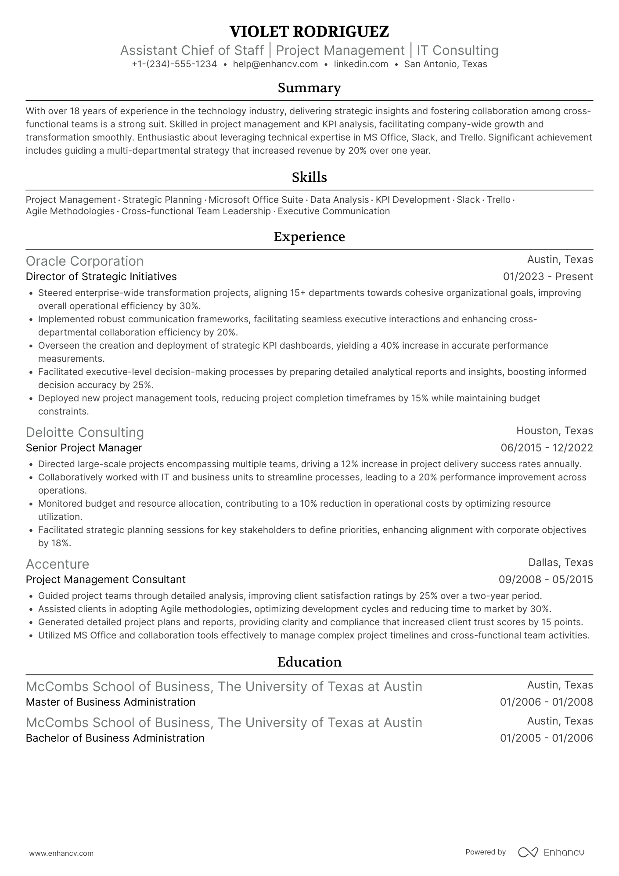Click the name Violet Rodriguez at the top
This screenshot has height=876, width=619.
(x=309, y=32)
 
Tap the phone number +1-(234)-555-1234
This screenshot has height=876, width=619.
(x=174, y=64)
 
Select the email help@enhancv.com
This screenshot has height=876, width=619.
(x=275, y=64)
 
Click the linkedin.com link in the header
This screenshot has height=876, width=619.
(x=361, y=64)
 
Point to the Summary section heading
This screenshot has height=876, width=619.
(x=309, y=88)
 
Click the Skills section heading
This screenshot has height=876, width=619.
(x=309, y=177)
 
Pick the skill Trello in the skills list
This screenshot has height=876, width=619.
(x=499, y=200)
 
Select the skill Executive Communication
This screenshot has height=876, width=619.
(x=334, y=211)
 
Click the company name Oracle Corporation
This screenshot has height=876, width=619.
(x=85, y=261)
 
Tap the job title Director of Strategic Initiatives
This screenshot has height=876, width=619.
(x=101, y=277)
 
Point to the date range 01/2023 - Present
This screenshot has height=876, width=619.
(x=548, y=277)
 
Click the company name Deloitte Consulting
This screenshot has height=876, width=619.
(x=85, y=433)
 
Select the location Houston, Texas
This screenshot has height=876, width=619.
(x=554, y=431)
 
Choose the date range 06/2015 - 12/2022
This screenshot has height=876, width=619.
(x=547, y=448)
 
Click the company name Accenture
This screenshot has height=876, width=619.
(x=58, y=564)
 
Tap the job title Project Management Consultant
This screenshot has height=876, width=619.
(x=106, y=580)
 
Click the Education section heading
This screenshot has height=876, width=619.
(x=309, y=662)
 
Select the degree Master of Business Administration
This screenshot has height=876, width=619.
(x=111, y=702)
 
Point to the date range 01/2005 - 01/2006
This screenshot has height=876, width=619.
(x=546, y=738)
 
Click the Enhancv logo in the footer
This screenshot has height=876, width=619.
(x=551, y=852)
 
